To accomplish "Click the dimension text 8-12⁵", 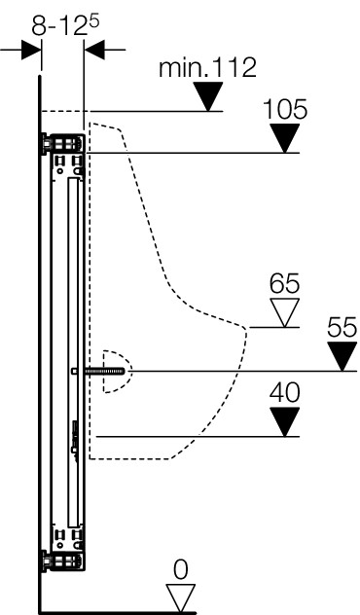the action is point(65,26).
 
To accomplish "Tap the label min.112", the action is point(207,67).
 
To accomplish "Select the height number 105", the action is point(285,109).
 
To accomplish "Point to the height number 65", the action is point(284,283).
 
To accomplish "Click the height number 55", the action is point(342,327).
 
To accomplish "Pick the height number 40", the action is point(284,392).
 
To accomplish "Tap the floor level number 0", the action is point(180,570).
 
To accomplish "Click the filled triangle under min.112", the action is point(208,95).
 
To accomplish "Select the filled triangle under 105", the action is point(285,137).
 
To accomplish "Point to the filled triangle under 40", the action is point(285,421).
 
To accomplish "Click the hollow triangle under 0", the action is point(180,597).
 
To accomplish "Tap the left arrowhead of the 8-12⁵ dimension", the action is point(31,50).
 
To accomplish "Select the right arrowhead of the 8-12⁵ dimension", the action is point(94,50).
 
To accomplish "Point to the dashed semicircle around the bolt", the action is point(131,371).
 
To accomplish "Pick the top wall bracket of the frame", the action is point(63,144).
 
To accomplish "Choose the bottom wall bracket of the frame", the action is point(63,561).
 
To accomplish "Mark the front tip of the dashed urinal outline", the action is point(247,329).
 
